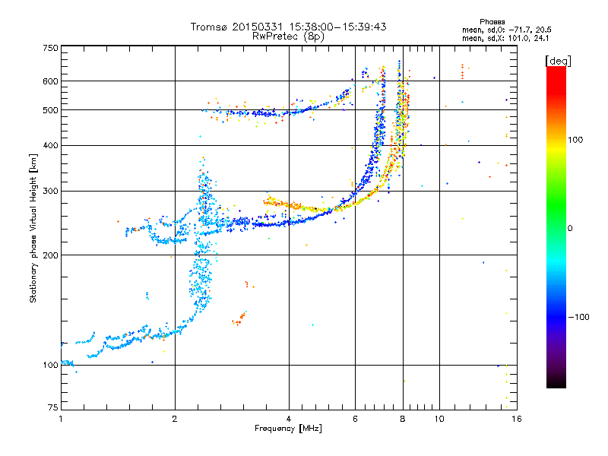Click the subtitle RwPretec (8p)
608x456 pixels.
288,36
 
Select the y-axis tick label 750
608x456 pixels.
51,48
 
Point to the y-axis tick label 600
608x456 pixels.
51,81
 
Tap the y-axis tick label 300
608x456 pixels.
51,192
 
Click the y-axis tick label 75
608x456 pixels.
53,407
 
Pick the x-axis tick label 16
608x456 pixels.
517,419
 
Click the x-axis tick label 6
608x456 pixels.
355,419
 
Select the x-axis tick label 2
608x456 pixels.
175,419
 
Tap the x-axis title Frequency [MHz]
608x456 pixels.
288,429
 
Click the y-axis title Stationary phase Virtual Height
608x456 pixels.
33,229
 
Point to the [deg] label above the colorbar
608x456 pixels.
558,62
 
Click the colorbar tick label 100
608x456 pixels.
575,140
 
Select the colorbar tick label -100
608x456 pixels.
578,317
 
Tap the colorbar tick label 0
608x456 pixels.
570,229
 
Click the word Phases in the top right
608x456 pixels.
492,22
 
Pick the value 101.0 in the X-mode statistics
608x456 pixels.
518,39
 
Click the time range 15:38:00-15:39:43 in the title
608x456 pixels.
337,27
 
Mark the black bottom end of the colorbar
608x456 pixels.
556,386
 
